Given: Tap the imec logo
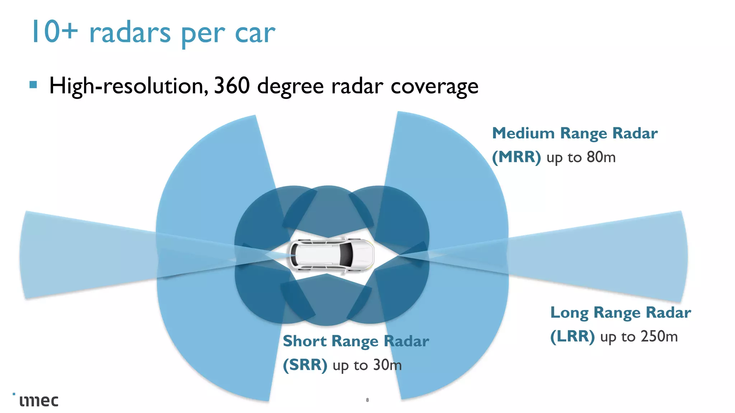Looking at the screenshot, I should (38, 400).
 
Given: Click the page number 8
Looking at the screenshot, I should (367, 400).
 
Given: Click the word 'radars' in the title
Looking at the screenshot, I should (130, 33).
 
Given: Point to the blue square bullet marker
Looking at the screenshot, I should (33, 85).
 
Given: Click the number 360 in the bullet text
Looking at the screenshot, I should (232, 86).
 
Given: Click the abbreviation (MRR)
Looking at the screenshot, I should (516, 157).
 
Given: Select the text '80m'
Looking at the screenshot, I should (601, 157).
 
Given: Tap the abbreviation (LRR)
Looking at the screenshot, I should (572, 336).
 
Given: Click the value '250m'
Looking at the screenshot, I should (659, 336).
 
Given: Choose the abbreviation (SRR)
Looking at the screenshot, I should (305, 365).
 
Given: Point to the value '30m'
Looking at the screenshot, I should (387, 365).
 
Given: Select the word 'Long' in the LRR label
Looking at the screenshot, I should (570, 312).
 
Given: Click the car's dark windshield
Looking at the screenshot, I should (347, 254).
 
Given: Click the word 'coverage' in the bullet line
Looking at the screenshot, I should (434, 86).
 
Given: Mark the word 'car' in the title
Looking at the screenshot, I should (255, 33).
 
